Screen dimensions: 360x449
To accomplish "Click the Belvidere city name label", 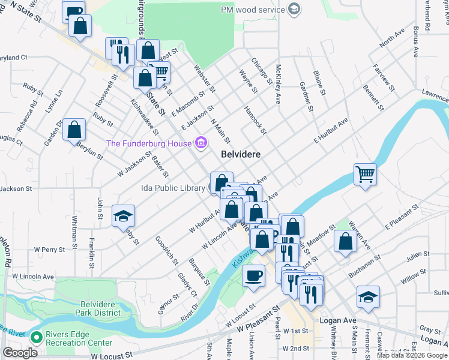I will [x=241, y=154].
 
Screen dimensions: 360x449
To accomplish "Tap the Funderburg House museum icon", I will [x=201, y=143].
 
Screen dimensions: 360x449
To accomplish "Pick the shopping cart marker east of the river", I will [x=365, y=175].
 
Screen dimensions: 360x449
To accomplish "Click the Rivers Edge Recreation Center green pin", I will [x=36, y=338].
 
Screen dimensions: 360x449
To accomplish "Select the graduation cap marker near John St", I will [x=124, y=216].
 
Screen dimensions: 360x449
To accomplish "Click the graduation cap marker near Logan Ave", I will [x=368, y=297].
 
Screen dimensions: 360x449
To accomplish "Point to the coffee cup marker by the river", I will [x=253, y=276].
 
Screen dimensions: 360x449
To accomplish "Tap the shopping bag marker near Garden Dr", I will [x=74, y=130].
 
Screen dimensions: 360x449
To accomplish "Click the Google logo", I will [x=20, y=353].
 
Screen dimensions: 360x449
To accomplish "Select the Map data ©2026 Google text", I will [x=412, y=355].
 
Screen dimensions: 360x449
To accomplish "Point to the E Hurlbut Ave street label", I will [x=331, y=130].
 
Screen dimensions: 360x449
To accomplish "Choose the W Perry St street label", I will [x=49, y=248].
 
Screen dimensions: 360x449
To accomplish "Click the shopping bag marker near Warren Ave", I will [x=346, y=241].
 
